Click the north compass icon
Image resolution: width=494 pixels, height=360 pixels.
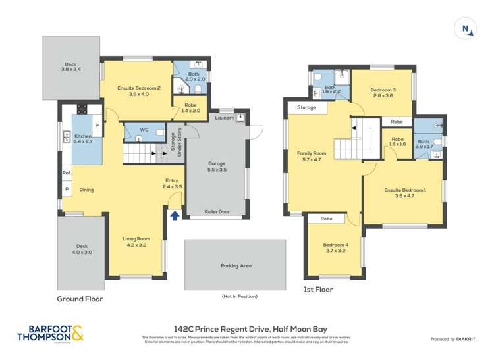(x=466, y=28)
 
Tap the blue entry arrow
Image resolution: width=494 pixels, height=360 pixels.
(x=175, y=215)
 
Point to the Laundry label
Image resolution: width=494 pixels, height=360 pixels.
(x=225, y=118)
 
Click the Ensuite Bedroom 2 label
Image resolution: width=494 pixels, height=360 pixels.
(x=139, y=88)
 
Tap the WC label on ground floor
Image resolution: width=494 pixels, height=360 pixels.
(x=144, y=130)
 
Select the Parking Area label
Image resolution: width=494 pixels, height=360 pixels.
(x=236, y=266)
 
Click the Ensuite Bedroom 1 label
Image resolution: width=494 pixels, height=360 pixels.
(x=405, y=190)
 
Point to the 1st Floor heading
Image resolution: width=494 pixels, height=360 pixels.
(x=317, y=289)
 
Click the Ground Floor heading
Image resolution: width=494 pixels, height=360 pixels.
(x=80, y=298)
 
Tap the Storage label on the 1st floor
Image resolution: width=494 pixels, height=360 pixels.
(x=306, y=107)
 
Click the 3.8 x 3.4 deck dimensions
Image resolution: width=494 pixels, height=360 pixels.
(x=71, y=69)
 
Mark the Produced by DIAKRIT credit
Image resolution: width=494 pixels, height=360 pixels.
(x=457, y=339)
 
